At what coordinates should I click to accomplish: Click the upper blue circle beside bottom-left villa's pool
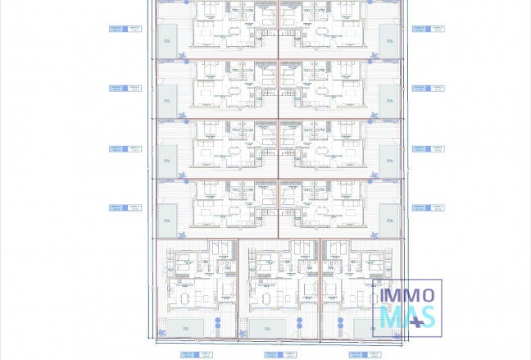pyautogui.click(x=217, y=319)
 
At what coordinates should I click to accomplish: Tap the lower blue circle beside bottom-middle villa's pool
pyautogui.click(x=300, y=330)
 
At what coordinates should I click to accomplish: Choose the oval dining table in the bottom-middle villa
pyautogui.click(x=267, y=295)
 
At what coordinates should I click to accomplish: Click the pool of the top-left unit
pyautogui.click(x=167, y=41)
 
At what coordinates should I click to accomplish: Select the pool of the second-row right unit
pyautogui.click(x=389, y=99)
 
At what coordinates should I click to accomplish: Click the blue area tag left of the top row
pyautogui.click(x=125, y=29)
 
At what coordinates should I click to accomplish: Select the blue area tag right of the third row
pyautogui.click(x=428, y=149)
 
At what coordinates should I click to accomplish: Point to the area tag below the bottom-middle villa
pyautogui.click(x=274, y=355)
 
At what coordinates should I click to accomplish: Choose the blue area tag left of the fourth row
pyautogui.click(x=125, y=207)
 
